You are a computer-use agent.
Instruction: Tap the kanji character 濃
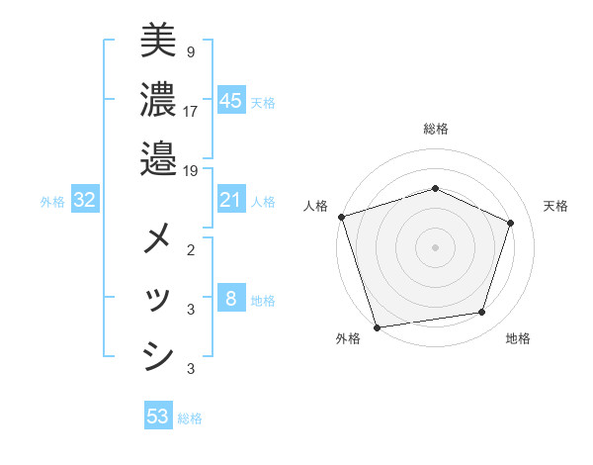[x=158, y=99]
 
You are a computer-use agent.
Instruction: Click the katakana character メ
[x=158, y=238]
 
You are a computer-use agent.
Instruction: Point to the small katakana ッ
[x=158, y=298]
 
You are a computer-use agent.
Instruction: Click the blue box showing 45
[x=231, y=100]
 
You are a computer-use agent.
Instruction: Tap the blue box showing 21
[x=231, y=200]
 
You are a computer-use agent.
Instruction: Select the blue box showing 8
[x=231, y=299]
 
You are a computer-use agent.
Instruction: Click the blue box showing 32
[x=85, y=200]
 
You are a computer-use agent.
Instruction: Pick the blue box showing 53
[x=158, y=417]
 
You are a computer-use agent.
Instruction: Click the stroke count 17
[x=191, y=110]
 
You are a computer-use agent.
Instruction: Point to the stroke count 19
[x=191, y=170]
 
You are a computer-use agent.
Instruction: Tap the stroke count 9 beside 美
[x=190, y=50]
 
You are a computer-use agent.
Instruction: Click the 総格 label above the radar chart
[x=436, y=129]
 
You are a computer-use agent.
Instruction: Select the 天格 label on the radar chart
[x=555, y=206]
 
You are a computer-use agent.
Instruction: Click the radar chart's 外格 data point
[x=378, y=326]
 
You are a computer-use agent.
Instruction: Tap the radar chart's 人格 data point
[x=341, y=217]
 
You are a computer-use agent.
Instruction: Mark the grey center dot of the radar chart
[x=435, y=246]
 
